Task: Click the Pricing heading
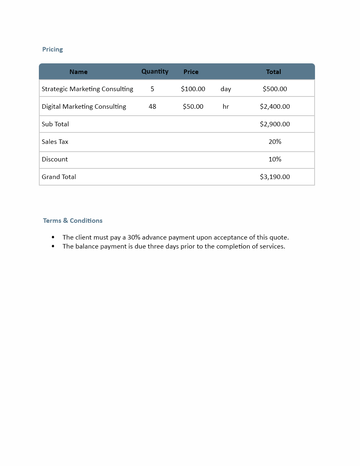pyautogui.click(x=52, y=49)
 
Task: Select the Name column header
pyautogui.click(x=79, y=72)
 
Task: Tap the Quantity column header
pyautogui.click(x=155, y=72)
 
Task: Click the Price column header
pyautogui.click(x=191, y=72)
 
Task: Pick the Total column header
pyautogui.click(x=273, y=72)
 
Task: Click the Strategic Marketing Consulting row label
pyautogui.click(x=88, y=89)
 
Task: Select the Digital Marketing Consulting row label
pyautogui.click(x=84, y=107)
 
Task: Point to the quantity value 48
pyautogui.click(x=152, y=107)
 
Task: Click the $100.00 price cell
pyautogui.click(x=193, y=89)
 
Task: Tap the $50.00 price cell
pyautogui.click(x=193, y=107)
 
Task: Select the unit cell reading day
pyautogui.click(x=226, y=89)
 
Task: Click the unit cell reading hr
pyautogui.click(x=226, y=107)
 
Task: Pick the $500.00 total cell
pyautogui.click(x=275, y=89)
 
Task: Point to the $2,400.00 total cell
pyautogui.click(x=275, y=107)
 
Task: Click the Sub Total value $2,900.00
pyautogui.click(x=275, y=124)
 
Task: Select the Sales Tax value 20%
pyautogui.click(x=275, y=142)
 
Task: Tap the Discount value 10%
pyautogui.click(x=275, y=159)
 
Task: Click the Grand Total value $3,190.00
pyautogui.click(x=275, y=177)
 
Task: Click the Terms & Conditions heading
pyautogui.click(x=73, y=221)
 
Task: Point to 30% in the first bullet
pyautogui.click(x=134, y=237)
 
